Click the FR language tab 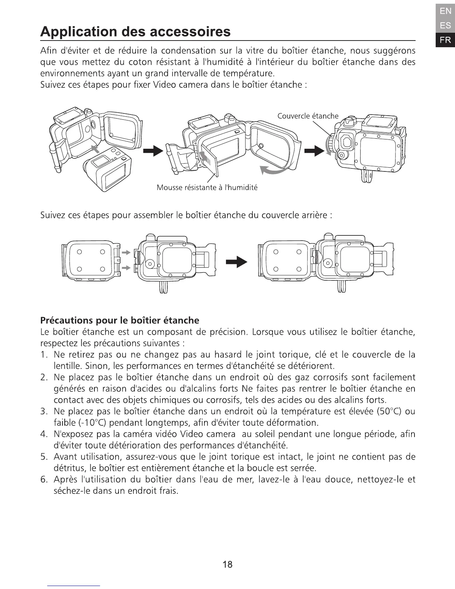[445, 40]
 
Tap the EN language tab [445, 11]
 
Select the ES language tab [445, 26]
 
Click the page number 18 [227, 564]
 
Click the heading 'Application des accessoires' [135, 32]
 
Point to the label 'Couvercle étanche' [308, 116]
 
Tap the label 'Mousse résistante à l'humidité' [207, 187]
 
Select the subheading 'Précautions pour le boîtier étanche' [119, 320]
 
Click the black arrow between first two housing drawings [153, 151]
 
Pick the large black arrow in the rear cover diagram [237, 262]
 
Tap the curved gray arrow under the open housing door [274, 170]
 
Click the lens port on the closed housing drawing [346, 141]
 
